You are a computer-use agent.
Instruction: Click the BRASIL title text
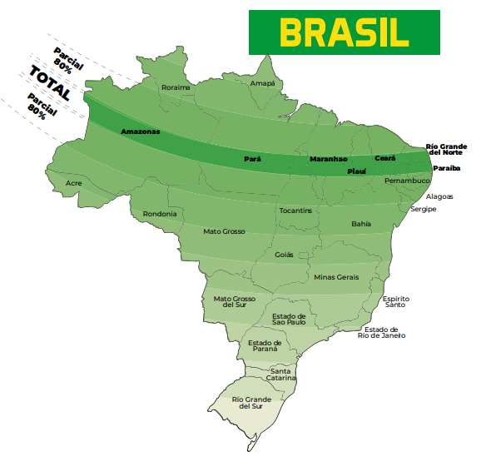point(344,32)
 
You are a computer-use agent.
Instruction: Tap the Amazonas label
point(141,131)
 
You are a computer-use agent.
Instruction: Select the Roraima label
point(176,87)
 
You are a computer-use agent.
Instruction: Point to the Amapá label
point(262,83)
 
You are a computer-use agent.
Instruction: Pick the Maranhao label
point(328,158)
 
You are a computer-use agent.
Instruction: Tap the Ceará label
point(384,157)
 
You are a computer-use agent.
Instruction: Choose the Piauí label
point(356,171)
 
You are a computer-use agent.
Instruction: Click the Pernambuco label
point(407,180)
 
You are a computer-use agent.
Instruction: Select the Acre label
point(74,182)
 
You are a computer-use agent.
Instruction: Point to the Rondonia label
point(160,214)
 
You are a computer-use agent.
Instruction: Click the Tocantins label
point(295,211)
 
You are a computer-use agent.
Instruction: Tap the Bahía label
point(361,224)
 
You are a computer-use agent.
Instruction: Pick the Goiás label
point(284,255)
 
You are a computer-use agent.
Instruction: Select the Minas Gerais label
point(336,276)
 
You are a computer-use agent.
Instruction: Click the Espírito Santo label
point(395,301)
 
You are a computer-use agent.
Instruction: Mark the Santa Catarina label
point(280,374)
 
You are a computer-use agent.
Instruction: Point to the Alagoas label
point(439,196)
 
